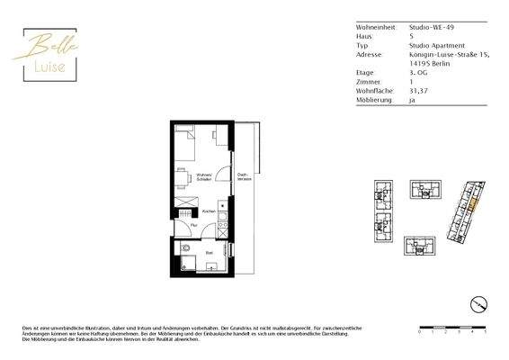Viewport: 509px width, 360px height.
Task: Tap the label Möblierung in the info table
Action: [x=374, y=101]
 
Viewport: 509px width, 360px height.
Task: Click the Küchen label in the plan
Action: [x=209, y=212]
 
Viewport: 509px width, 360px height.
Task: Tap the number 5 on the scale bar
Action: [x=486, y=331]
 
